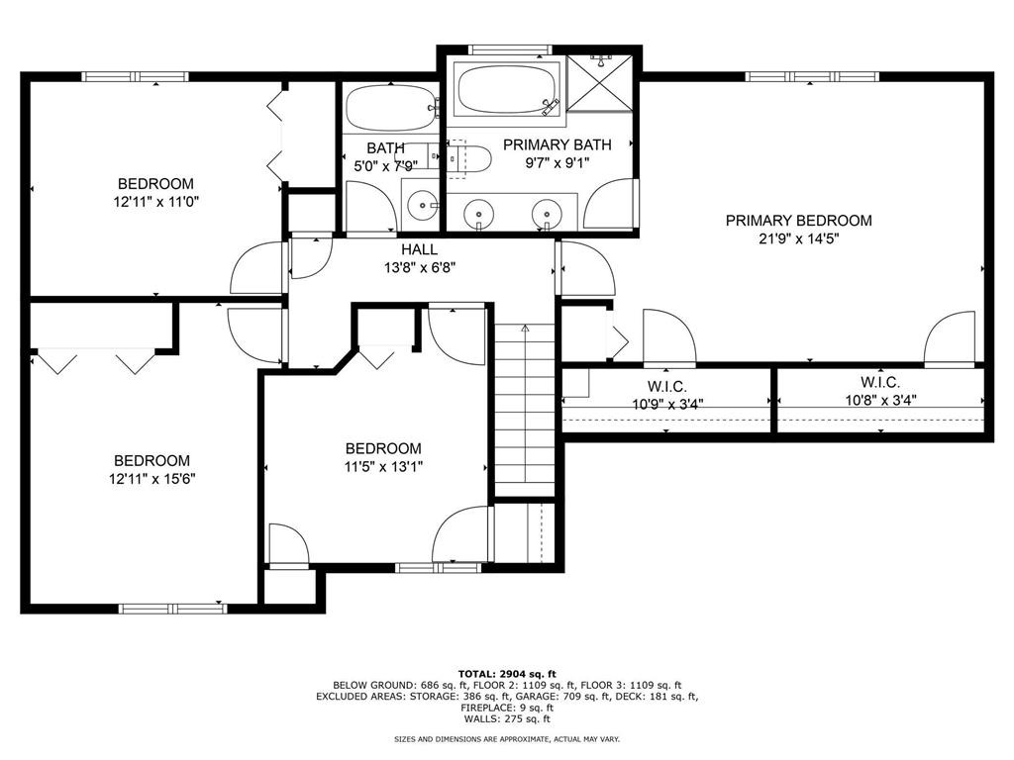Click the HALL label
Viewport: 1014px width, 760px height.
coord(419,249)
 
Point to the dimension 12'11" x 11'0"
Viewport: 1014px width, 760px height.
coord(154,202)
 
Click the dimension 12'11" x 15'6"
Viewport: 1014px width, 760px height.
coord(152,479)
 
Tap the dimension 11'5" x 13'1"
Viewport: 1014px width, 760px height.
coord(382,467)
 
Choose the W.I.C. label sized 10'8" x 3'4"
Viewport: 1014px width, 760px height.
coord(879,382)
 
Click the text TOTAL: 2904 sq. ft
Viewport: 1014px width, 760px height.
coord(506,672)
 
